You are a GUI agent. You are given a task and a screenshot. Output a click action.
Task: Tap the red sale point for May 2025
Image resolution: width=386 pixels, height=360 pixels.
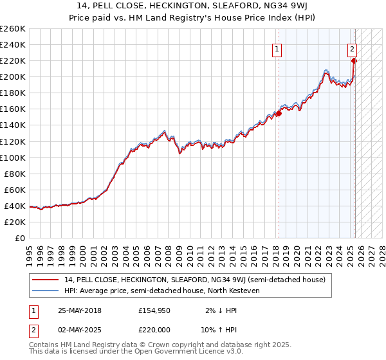[x=354, y=61]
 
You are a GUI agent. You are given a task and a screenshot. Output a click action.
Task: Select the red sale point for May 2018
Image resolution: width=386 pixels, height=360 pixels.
[x=279, y=113]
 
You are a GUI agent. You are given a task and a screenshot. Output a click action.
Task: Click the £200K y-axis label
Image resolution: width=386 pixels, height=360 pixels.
[x=13, y=77]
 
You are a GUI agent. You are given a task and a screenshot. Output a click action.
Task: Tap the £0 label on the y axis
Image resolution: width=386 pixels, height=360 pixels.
[x=21, y=238]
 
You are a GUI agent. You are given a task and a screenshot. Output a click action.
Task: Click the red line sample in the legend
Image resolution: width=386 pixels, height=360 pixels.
[x=46, y=280]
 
